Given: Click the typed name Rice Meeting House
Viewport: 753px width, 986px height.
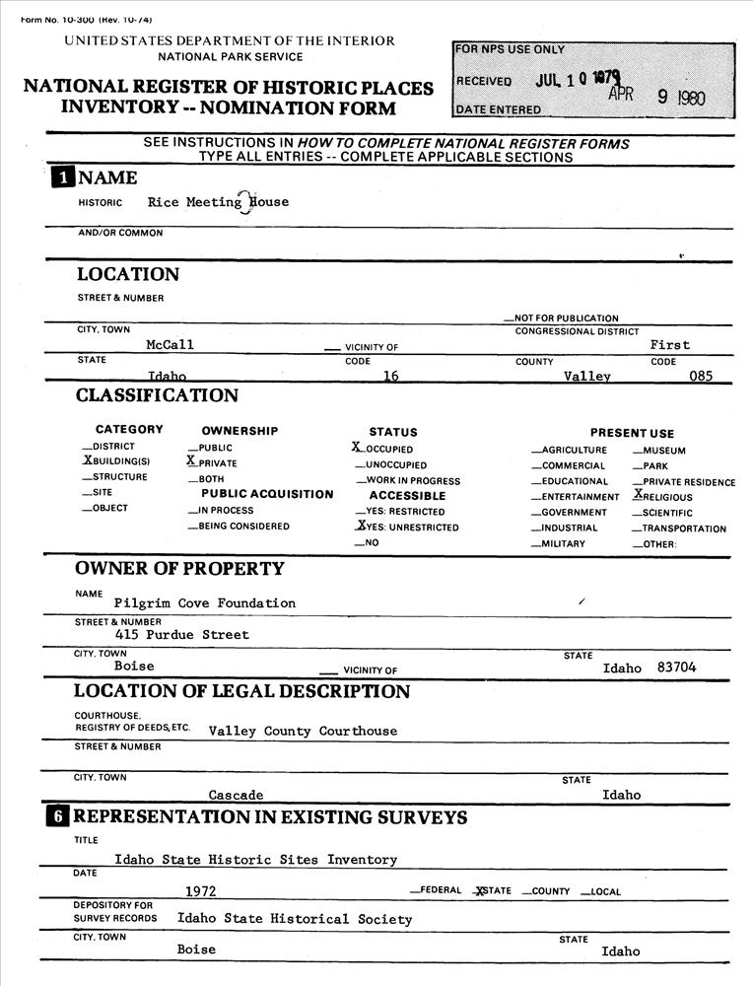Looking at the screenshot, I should click(x=218, y=202).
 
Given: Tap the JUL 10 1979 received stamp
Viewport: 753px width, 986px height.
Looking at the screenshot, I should click(x=571, y=80).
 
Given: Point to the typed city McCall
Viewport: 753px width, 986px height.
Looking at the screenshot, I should click(x=170, y=345).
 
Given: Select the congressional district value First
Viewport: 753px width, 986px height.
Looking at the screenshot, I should click(x=670, y=345).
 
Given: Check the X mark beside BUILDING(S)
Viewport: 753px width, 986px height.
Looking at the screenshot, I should click(x=87, y=460).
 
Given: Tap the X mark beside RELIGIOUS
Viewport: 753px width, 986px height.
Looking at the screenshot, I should click(x=638, y=495).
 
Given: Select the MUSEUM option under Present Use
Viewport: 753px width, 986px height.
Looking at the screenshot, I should click(x=665, y=451).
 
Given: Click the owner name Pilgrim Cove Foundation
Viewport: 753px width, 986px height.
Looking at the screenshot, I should click(x=204, y=602).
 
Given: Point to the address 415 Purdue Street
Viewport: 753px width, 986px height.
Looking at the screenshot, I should click(x=181, y=635).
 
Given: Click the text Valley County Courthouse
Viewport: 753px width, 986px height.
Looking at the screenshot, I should click(x=303, y=732).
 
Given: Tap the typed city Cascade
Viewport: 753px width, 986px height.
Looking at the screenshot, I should click(x=236, y=795).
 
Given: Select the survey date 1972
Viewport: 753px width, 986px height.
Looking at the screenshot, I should click(x=201, y=891).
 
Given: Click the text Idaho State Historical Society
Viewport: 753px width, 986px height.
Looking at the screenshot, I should click(x=294, y=919).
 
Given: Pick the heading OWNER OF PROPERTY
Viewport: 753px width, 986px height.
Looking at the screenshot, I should click(x=179, y=569).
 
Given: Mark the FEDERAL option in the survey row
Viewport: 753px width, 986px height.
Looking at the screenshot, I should click(x=440, y=891).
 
